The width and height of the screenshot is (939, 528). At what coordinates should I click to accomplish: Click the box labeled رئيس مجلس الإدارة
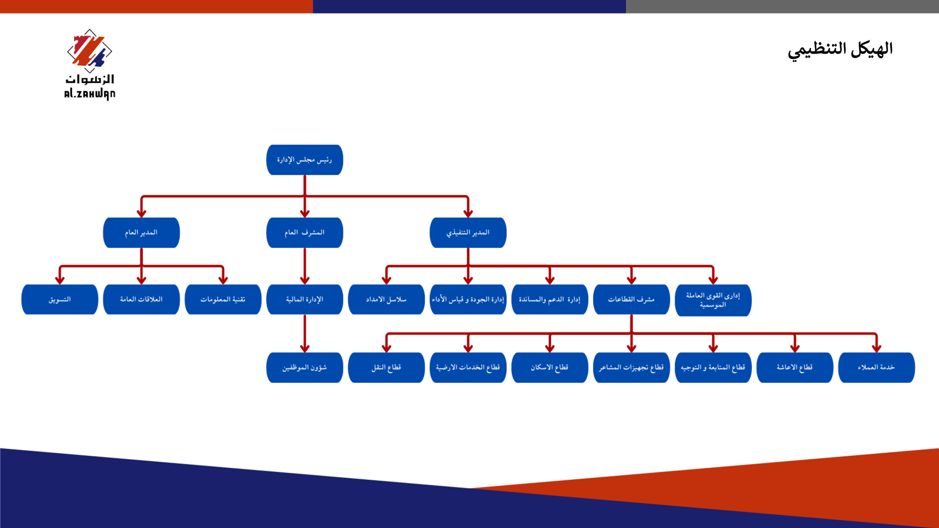pos(304,160)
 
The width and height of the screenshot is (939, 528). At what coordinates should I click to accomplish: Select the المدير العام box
pos(141,232)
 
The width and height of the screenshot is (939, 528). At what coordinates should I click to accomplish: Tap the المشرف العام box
pos(304,232)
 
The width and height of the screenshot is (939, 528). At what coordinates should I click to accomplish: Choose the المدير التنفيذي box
pos(468,232)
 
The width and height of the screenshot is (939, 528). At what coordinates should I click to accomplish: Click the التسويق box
pos(60,300)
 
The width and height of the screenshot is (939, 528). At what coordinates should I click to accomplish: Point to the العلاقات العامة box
pos(141,300)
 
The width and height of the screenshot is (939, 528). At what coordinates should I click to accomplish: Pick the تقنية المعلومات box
pos(223,300)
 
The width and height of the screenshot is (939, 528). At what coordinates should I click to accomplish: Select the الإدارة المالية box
pos(304,300)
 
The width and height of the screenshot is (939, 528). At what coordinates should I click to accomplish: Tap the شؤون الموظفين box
pos(304,367)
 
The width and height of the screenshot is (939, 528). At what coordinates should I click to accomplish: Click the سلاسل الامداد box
pos(386,300)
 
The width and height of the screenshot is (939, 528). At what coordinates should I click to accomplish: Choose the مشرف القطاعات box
pos(631,300)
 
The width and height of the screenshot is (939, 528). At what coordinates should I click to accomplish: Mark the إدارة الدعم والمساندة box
pos(549,300)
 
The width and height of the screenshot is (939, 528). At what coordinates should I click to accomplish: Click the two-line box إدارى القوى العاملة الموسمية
pos(713,300)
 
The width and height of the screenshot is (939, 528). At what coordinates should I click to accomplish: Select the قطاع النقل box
pos(386,367)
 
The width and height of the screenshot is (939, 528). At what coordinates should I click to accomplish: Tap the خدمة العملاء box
pos(876,367)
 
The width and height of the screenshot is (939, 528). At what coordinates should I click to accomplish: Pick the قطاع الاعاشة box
pos(795,367)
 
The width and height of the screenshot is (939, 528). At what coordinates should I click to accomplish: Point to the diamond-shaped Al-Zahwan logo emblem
pos(89,51)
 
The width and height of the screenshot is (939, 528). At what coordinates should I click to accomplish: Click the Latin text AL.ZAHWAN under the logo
pos(89,94)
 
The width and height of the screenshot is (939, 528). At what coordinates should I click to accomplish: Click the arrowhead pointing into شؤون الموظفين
pos(304,348)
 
